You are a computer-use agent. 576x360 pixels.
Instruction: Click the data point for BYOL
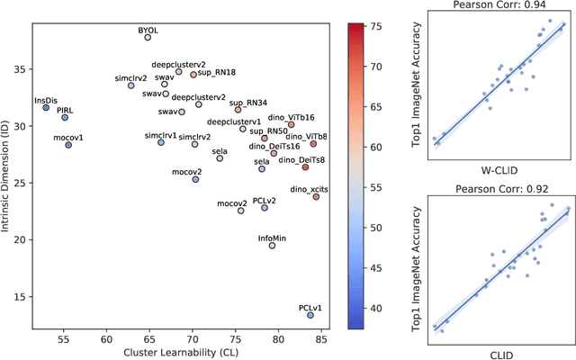click(x=148, y=38)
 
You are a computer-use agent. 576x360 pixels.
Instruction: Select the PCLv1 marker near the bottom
click(x=310, y=315)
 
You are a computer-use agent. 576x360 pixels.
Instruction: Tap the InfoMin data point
click(x=272, y=246)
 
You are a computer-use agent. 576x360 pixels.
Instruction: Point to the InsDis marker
click(x=46, y=107)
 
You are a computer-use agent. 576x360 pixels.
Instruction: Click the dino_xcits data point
click(x=316, y=196)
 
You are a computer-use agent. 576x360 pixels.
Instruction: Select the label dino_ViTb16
click(x=292, y=117)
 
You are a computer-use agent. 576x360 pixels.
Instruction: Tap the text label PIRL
click(x=65, y=109)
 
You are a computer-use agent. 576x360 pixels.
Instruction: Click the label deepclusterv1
click(x=234, y=121)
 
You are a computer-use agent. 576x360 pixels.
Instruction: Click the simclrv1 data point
click(x=161, y=142)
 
